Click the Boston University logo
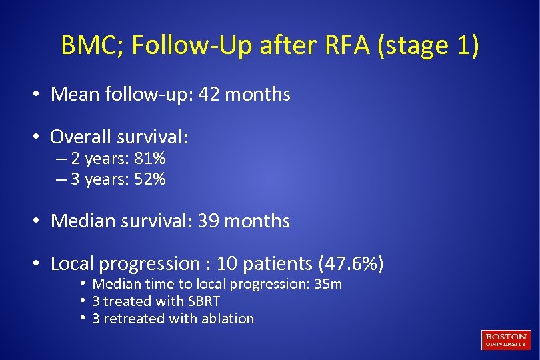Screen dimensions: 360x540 point(505,339)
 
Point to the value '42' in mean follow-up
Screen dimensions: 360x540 point(209,95)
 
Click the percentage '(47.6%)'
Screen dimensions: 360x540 point(351,264)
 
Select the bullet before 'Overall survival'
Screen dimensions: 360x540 point(39,137)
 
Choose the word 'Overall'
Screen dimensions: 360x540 point(81,137)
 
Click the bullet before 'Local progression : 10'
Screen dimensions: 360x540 point(39,265)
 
